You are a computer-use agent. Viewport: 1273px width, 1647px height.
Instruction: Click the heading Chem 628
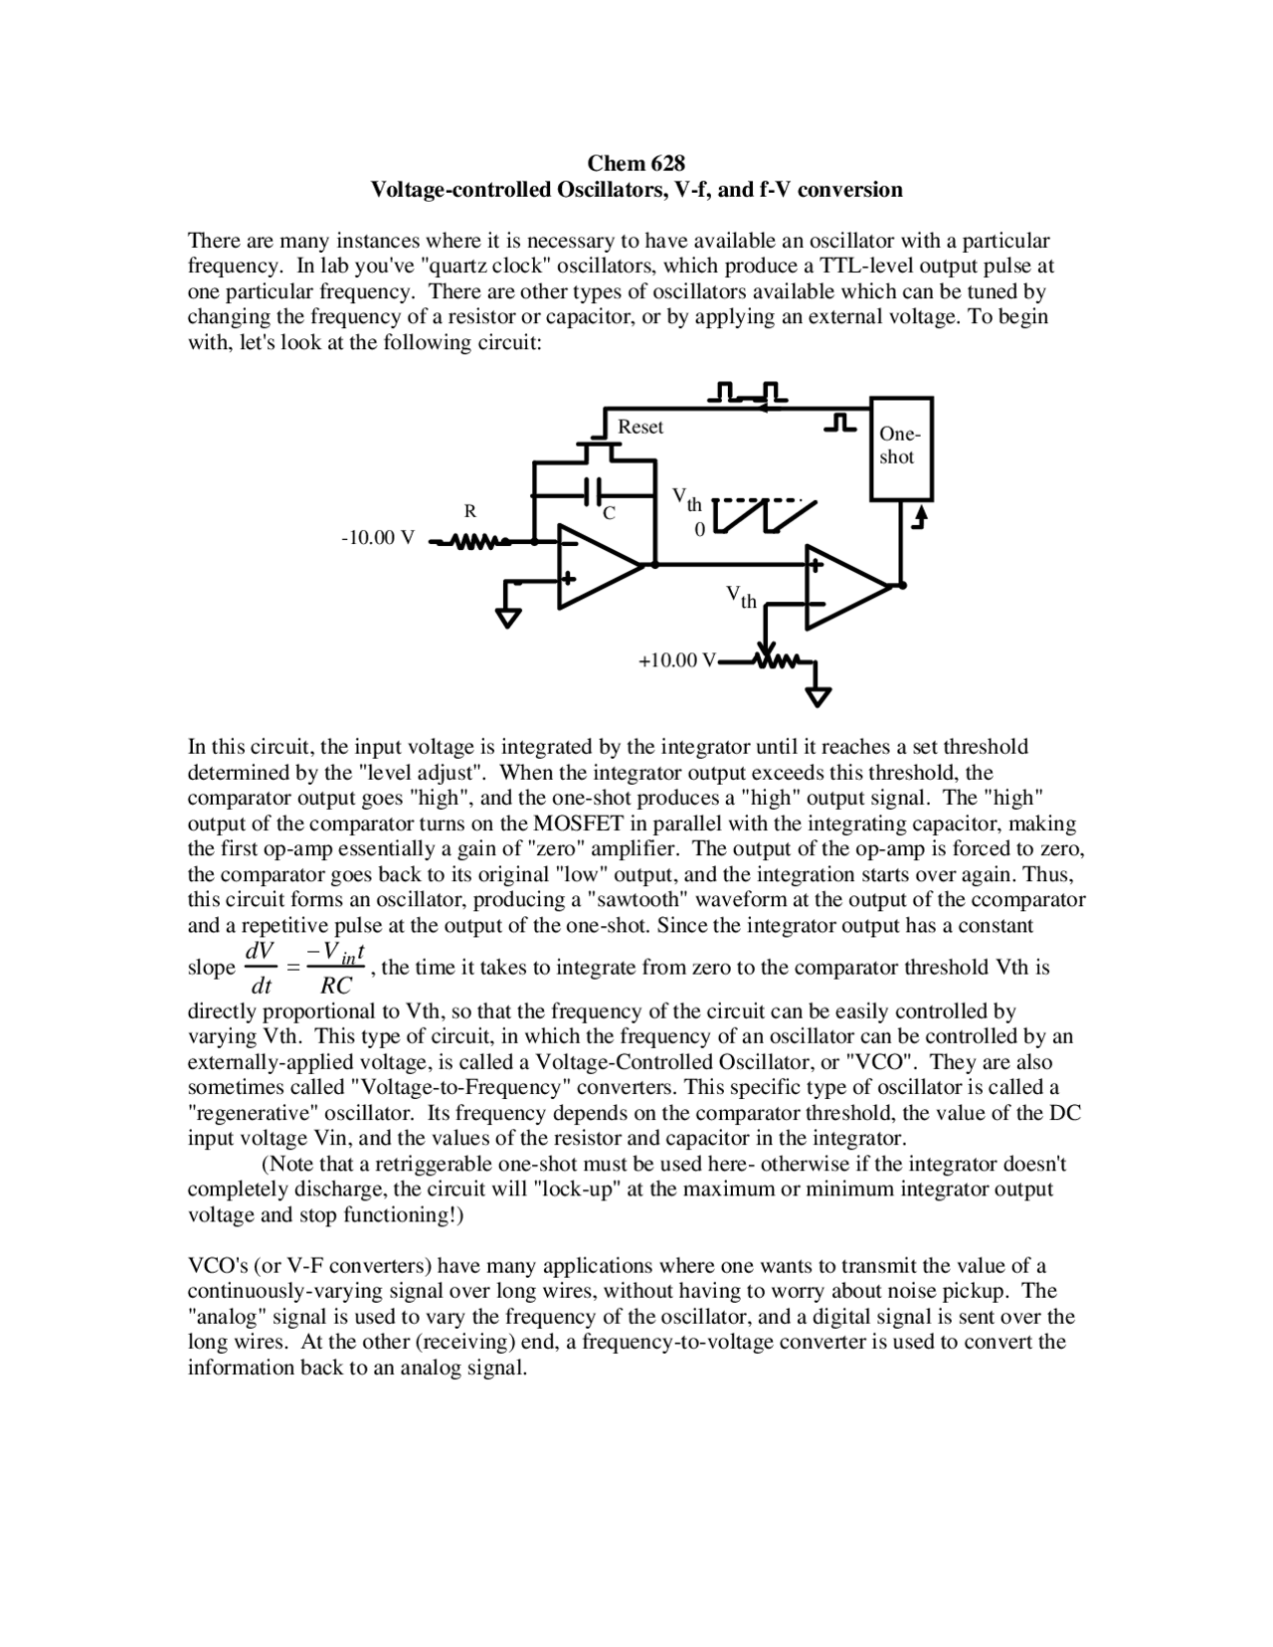[x=636, y=163]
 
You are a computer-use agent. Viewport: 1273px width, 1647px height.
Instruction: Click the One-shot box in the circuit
[x=901, y=447]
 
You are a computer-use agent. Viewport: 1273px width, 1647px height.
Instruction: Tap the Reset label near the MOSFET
[x=640, y=427]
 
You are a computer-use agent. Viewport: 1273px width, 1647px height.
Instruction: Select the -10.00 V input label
[x=378, y=538]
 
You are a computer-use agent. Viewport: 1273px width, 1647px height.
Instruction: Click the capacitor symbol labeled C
[x=594, y=490]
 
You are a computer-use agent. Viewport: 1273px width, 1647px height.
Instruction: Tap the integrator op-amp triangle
[x=594, y=565]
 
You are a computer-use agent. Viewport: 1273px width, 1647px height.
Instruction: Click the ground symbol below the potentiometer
[x=818, y=695]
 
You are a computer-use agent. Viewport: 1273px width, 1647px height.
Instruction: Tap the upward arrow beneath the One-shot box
[x=920, y=516]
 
